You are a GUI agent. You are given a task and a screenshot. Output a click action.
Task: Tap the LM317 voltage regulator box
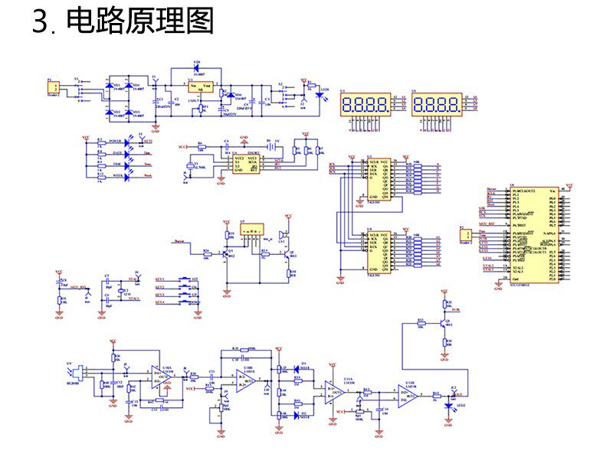(x=201, y=88)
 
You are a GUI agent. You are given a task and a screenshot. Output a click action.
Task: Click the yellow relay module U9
(x=251, y=230)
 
